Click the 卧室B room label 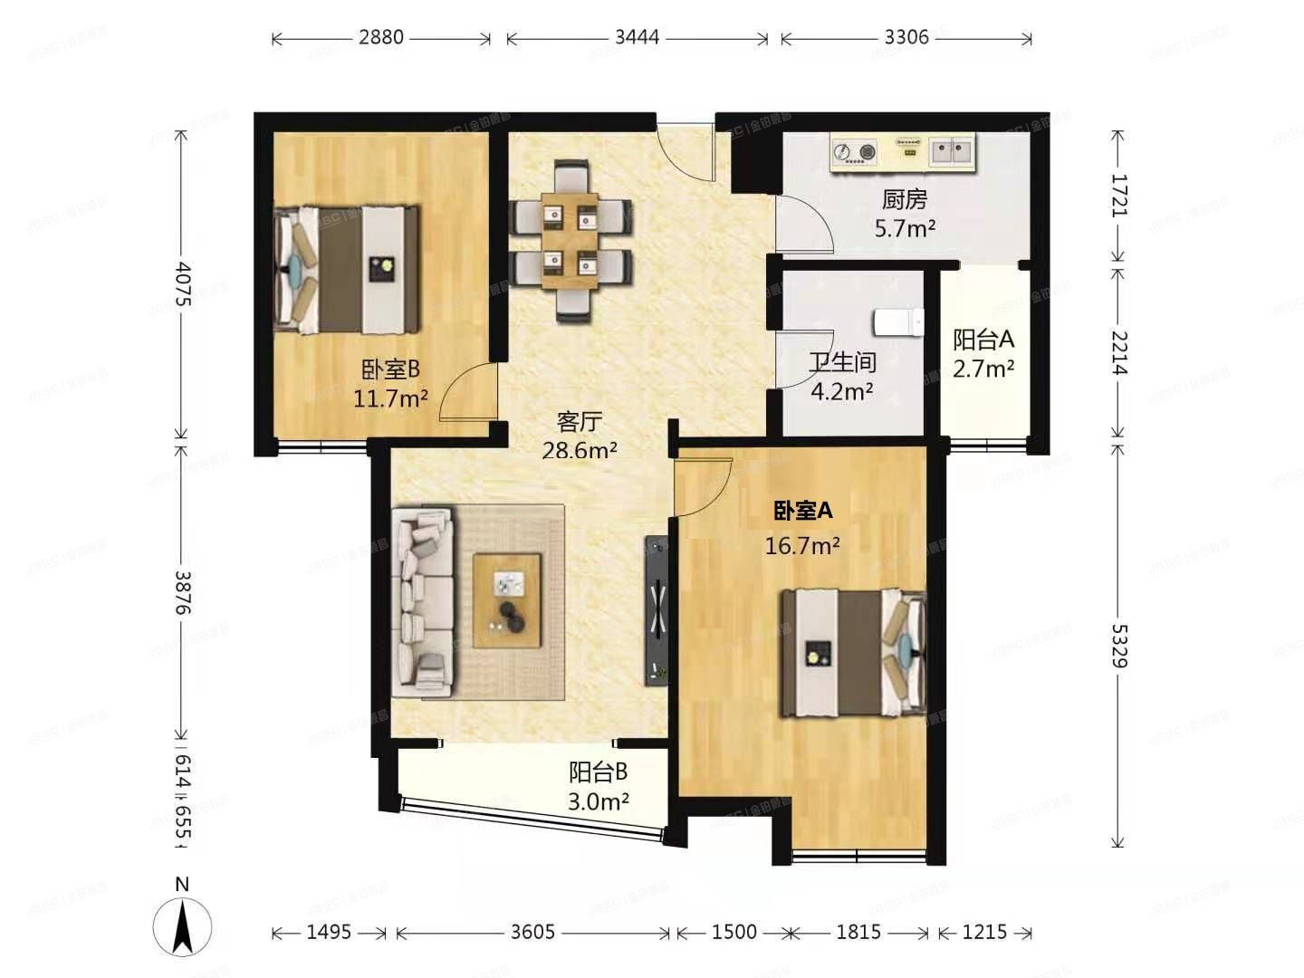pos(390,369)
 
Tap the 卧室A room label pos(802,511)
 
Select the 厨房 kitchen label pos(904,199)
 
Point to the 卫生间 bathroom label pos(842,362)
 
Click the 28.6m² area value pos(580,450)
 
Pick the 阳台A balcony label pos(983,340)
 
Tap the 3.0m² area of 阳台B pos(599,801)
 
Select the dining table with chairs pos(570,241)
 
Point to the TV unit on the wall pos(657,609)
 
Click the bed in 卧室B pos(348,269)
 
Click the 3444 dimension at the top pos(637,38)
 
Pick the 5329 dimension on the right pos(1119,645)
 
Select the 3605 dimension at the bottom pos(532,932)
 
